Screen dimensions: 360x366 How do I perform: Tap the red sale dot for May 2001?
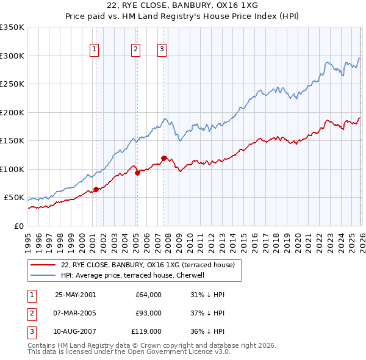pos(96,189)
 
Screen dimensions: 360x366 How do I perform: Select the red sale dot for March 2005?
pos(137,173)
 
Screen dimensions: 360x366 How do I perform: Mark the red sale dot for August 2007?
pos(163,158)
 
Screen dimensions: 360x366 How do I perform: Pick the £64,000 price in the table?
pos(149,294)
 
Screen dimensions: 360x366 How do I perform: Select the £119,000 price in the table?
pos(146,332)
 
